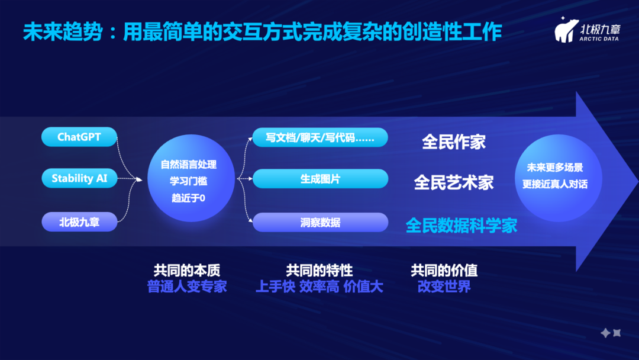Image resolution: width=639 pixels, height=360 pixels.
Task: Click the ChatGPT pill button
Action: click(x=79, y=137)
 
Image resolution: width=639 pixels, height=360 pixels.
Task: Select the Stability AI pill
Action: click(x=79, y=178)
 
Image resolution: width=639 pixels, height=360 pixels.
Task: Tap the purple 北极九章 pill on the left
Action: click(x=79, y=222)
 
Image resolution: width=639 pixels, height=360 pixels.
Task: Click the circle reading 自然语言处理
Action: click(x=191, y=178)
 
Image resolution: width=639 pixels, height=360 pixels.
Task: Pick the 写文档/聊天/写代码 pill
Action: click(x=320, y=137)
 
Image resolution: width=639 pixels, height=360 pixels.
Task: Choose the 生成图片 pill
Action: click(x=320, y=179)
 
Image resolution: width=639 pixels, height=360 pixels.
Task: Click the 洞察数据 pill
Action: click(x=320, y=222)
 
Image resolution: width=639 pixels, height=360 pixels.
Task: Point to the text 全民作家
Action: click(x=454, y=142)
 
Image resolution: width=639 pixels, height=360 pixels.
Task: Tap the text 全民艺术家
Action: click(x=454, y=182)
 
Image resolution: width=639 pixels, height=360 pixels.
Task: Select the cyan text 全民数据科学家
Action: click(x=461, y=226)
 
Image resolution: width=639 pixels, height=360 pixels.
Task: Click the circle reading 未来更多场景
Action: click(x=558, y=178)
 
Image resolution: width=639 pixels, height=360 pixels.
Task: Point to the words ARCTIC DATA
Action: click(x=599, y=38)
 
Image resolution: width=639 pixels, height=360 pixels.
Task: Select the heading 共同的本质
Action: click(x=186, y=271)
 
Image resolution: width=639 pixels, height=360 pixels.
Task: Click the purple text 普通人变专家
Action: click(x=186, y=287)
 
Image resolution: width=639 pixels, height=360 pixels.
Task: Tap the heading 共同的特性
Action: click(x=319, y=271)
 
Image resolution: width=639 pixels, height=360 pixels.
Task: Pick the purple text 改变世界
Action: click(x=444, y=287)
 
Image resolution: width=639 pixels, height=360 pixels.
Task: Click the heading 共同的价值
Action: click(x=444, y=271)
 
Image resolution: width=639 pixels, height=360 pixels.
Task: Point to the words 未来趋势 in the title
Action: click(x=62, y=32)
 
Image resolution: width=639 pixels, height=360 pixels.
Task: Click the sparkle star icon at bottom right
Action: click(x=611, y=333)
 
